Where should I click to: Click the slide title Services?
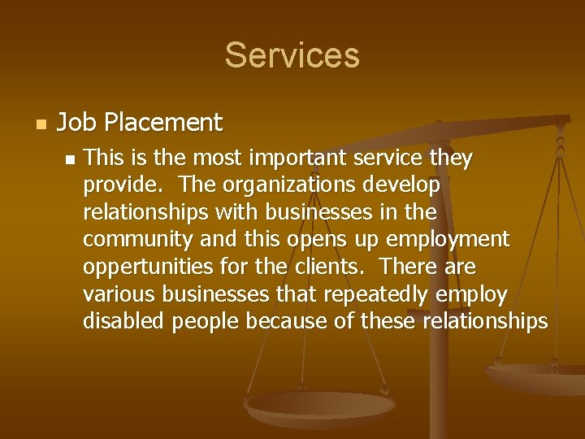click(292, 55)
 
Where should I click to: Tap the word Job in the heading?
click(72, 123)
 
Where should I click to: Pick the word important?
click(286, 159)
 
